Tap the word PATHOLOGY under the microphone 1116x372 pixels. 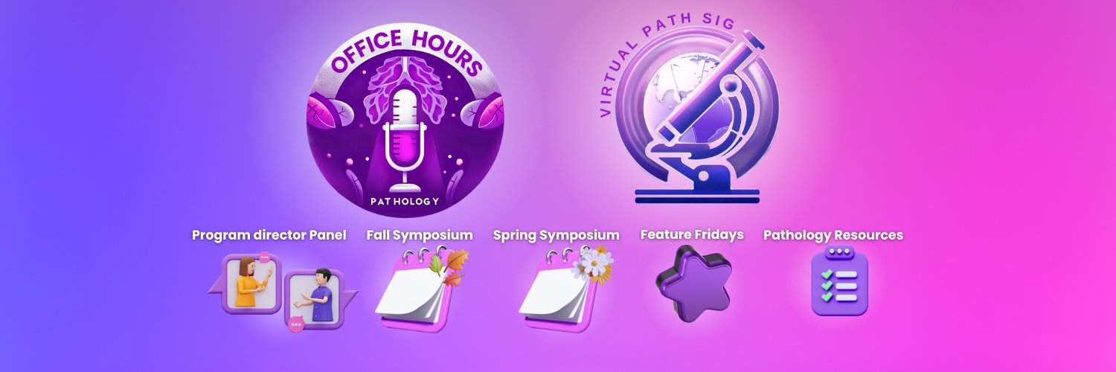point(405,202)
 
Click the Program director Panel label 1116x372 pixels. point(269,235)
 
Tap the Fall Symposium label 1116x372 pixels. point(420,235)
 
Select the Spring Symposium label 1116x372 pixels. point(556,235)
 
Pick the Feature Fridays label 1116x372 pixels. point(692,234)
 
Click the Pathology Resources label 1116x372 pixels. point(833,235)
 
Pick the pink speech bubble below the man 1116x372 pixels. point(296,324)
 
